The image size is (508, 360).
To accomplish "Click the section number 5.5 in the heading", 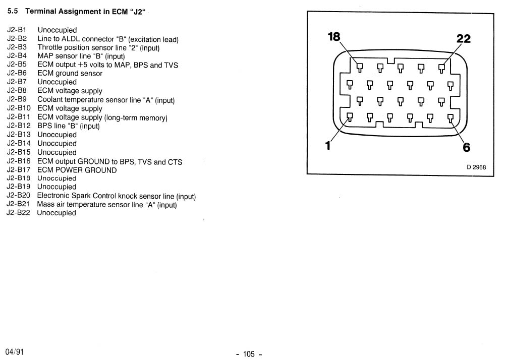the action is pyautogui.click(x=12, y=11).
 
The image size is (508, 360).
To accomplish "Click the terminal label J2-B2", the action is pyautogui.click(x=17, y=38).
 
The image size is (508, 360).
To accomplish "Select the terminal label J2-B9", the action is pyautogui.click(x=17, y=99).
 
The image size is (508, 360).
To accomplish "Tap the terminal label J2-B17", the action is pyautogui.click(x=19, y=169).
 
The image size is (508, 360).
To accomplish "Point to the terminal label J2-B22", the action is pyautogui.click(x=19, y=213).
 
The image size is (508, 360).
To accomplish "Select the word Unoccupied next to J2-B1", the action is pyautogui.click(x=57, y=30).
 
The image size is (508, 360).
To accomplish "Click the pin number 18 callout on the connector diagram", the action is pyautogui.click(x=334, y=37).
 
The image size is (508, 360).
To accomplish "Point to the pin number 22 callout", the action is pyautogui.click(x=463, y=39).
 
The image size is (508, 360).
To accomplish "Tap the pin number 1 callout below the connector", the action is pyautogui.click(x=328, y=146).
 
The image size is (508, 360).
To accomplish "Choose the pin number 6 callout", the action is pyautogui.click(x=467, y=147).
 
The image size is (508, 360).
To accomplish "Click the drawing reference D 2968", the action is pyautogui.click(x=476, y=167).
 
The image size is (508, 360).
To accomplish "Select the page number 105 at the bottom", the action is pyautogui.click(x=249, y=354).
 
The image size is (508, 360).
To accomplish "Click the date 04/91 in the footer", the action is pyautogui.click(x=15, y=352).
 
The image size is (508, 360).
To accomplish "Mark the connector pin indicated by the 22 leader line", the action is pyautogui.click(x=441, y=68).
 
